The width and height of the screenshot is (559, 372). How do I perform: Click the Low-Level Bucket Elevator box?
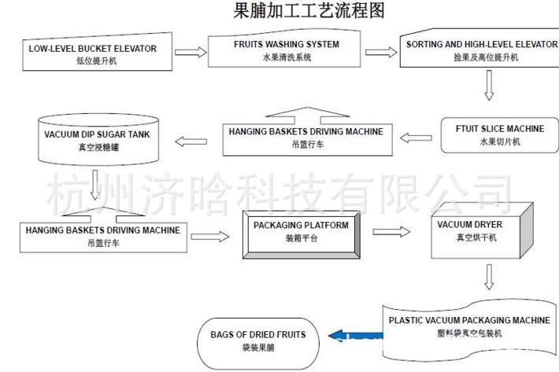click(93, 53)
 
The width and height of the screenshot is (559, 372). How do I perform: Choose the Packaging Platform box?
click(302, 231)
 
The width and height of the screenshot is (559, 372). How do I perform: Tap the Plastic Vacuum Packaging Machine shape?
click(469, 325)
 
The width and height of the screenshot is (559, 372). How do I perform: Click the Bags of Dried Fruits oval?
click(257, 339)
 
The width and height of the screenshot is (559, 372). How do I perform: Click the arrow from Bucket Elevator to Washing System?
click(187, 53)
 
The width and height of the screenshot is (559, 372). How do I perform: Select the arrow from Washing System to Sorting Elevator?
click(381, 53)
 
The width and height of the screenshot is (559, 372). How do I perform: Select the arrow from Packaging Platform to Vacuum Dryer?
click(392, 232)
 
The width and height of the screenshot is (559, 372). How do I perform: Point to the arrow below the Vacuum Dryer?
click(489, 276)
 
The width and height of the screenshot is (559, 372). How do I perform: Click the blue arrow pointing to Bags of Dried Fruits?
click(350, 337)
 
